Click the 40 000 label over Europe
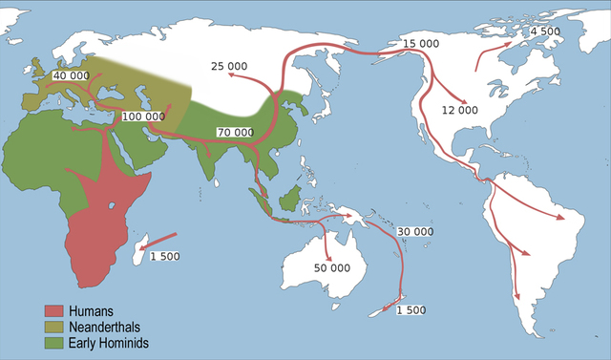tap(73, 75)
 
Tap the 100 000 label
tap(142, 116)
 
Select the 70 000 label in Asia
tap(235, 132)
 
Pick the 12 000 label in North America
tap(459, 110)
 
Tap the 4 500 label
tap(546, 32)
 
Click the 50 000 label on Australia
tap(332, 268)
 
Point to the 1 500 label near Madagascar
tap(164, 256)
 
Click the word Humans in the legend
tap(92, 311)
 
